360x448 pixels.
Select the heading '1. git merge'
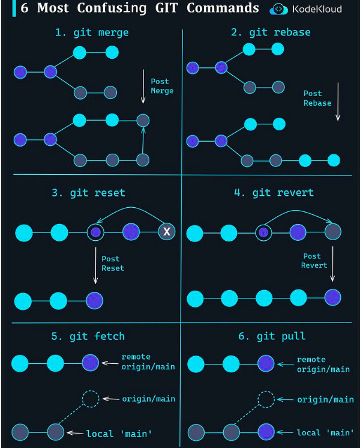92,32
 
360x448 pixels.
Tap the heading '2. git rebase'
271,32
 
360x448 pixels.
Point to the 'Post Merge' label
161,86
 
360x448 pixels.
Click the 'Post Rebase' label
317,98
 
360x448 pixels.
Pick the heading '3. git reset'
88,193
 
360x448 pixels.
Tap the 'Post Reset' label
112,264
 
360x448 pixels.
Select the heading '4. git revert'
274,193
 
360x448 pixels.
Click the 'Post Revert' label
315,261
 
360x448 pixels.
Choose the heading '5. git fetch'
88,336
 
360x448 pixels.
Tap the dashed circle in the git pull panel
267,399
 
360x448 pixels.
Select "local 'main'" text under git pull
325,432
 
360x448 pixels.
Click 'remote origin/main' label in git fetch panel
148,362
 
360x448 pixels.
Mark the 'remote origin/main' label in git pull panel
323,365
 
